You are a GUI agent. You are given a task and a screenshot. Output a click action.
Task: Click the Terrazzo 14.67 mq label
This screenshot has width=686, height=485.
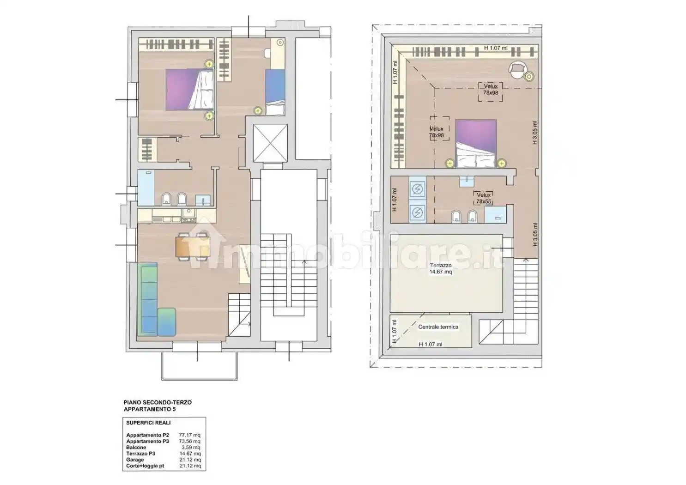coord(441,268)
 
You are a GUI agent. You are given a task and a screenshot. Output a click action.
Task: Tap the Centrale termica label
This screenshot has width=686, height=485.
coord(438,327)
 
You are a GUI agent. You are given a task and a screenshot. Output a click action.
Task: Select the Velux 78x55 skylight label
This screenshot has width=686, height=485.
coord(484,198)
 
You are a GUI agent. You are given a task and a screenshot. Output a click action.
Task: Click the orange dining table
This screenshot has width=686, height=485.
coord(193,247)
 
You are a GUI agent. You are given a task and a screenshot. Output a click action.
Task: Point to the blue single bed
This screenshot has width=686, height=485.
coord(275,92)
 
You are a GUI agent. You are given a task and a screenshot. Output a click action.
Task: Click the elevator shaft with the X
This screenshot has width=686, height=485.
coord(270,143)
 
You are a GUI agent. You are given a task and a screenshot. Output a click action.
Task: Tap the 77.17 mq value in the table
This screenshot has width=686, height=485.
coord(189,435)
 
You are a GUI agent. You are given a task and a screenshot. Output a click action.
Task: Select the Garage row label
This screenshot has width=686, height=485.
coord(135,460)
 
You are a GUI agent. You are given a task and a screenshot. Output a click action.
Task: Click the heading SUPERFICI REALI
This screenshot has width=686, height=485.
coord(149,423)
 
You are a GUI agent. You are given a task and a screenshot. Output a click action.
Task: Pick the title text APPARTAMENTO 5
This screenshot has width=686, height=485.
coord(150,409)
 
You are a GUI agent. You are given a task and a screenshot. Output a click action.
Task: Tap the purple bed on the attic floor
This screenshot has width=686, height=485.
coord(476,143)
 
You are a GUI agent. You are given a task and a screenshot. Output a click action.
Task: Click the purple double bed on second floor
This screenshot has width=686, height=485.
coord(189,89)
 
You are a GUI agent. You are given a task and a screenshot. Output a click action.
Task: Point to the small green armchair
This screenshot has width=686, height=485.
coord(167,322)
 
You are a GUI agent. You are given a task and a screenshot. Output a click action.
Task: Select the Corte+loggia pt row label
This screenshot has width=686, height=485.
coord(145,466)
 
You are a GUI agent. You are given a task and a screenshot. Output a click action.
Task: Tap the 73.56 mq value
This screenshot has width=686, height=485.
coord(189,441)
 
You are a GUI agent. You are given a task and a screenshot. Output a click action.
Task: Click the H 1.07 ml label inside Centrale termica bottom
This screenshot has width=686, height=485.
coord(431,344)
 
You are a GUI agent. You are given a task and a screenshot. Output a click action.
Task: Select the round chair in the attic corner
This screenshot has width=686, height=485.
coord(518,69)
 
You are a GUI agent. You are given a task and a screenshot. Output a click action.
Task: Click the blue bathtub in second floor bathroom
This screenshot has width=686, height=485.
coord(146,188)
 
